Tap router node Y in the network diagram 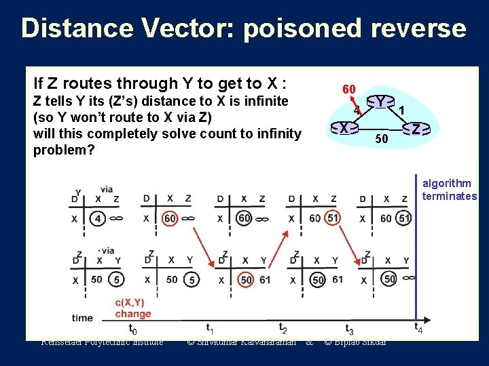tap(382, 102)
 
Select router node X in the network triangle tap(344, 127)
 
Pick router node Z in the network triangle tap(416, 128)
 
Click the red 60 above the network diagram tap(349, 89)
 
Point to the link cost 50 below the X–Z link tap(382, 140)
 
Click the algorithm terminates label tap(449, 190)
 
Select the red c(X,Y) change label tap(133, 308)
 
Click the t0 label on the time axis tap(132, 329)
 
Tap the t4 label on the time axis tap(418, 328)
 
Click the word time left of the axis tap(82, 317)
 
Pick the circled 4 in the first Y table tap(98, 219)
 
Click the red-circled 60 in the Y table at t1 tap(170, 219)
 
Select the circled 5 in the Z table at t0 tap(117, 279)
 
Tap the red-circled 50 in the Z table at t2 tap(246, 279)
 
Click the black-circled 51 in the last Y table tap(405, 218)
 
